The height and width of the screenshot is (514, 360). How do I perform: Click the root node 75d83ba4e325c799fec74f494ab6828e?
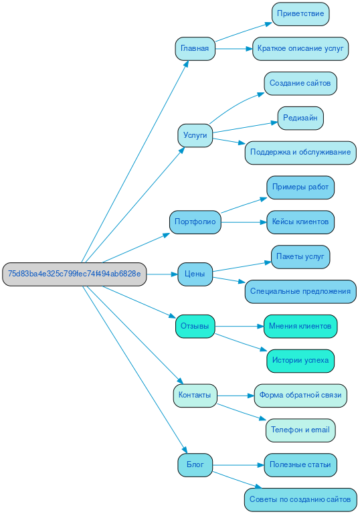[x=74, y=274]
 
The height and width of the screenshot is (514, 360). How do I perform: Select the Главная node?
[x=195, y=48]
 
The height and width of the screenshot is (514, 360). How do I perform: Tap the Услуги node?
[x=195, y=135]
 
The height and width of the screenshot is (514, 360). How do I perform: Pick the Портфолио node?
[x=195, y=222]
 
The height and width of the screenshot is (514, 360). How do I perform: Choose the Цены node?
[x=195, y=274]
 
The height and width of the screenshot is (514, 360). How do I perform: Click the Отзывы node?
[x=195, y=327]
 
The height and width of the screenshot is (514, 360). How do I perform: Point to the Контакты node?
[x=195, y=396]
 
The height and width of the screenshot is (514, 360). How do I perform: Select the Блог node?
[x=195, y=464]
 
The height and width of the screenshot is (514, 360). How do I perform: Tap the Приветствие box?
[x=300, y=14]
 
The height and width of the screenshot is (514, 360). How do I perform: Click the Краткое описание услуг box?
[x=300, y=48]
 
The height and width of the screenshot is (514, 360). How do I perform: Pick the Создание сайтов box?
[x=300, y=84]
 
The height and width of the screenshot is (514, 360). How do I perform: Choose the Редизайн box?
[x=300, y=118]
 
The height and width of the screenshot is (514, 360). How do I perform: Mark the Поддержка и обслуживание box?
[x=300, y=153]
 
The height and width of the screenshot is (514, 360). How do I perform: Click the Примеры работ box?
[x=300, y=187]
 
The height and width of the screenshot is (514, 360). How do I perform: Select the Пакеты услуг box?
[x=300, y=257]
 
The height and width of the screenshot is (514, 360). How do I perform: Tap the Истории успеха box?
[x=300, y=361]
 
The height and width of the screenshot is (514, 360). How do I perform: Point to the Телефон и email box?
[x=300, y=430]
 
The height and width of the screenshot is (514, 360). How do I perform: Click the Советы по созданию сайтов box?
[x=300, y=499]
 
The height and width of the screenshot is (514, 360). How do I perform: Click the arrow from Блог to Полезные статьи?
[x=238, y=464]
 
